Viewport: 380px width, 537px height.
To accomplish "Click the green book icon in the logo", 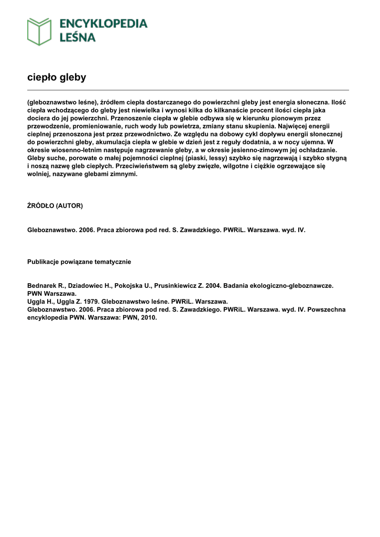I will [x=39, y=31].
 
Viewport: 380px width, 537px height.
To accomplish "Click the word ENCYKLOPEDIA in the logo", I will [x=103, y=24].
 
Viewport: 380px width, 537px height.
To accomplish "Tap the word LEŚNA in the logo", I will [x=77, y=37].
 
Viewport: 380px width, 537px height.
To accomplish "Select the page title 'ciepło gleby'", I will [x=57, y=78].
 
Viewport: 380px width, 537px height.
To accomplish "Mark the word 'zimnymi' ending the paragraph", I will [x=124, y=174].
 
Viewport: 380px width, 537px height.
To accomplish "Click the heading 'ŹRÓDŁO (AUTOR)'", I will [x=55, y=206].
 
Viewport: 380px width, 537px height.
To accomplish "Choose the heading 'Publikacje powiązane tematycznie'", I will [x=79, y=262].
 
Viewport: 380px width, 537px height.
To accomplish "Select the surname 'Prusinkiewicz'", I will [x=178, y=286].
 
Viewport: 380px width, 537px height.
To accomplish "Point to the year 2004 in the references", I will [x=213, y=286].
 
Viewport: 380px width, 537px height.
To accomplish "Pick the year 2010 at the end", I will [x=147, y=317].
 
